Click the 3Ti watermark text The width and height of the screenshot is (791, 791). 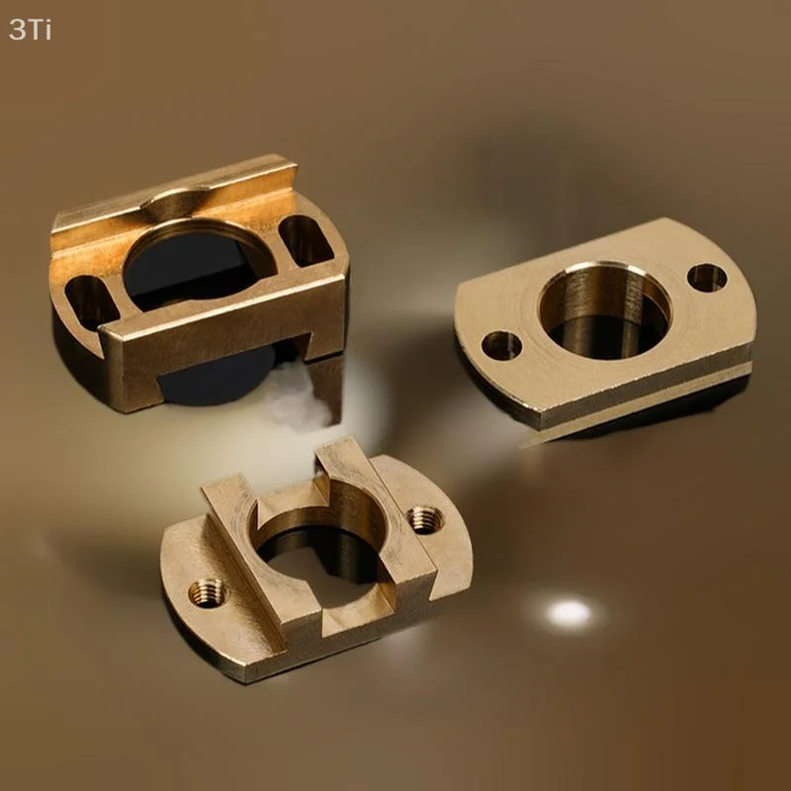coord(30,30)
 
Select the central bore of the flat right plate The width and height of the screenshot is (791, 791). coord(604,311)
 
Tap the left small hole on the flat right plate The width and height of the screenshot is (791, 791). coord(501,345)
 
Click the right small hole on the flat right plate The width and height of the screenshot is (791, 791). coord(706,277)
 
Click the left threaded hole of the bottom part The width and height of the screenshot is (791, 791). coord(208,593)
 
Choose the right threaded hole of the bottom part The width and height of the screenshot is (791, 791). coord(425,518)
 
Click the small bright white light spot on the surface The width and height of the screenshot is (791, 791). coord(570,614)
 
